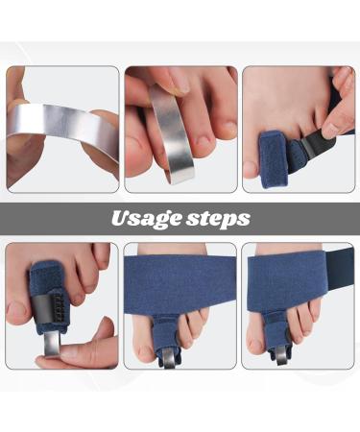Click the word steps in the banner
click(x=216, y=219)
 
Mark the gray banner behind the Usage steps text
click(x=58, y=218)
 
